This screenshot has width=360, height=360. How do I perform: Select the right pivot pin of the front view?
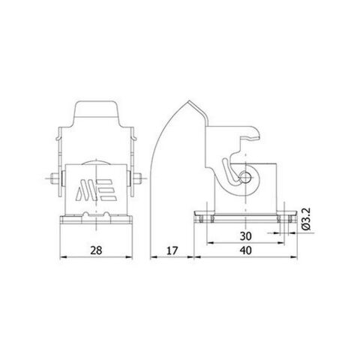click(138, 180)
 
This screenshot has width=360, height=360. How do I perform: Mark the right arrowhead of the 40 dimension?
click(287, 256)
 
